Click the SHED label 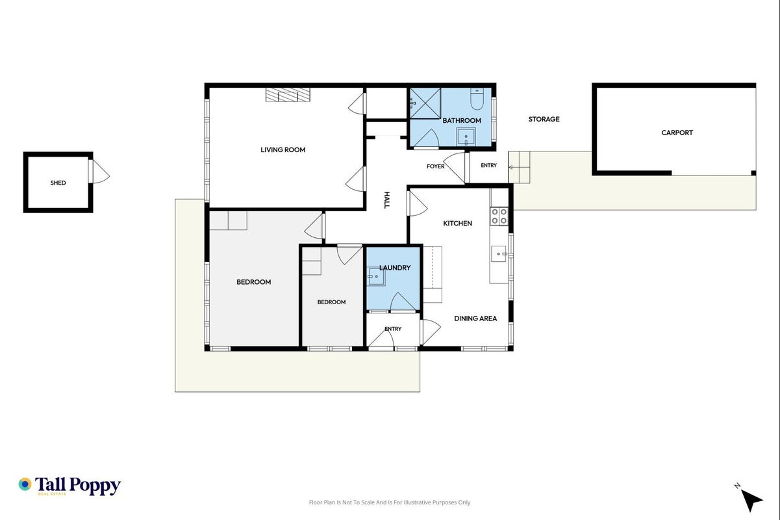[x=58, y=183]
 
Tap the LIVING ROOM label [x=283, y=150]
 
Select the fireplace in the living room [x=288, y=95]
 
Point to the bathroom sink [x=466, y=137]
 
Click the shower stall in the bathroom [x=425, y=103]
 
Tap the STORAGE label [x=544, y=119]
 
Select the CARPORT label [x=677, y=133]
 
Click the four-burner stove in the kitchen [x=499, y=216]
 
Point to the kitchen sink [x=499, y=253]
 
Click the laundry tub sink [x=376, y=276]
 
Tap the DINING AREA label [x=475, y=318]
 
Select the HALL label [x=386, y=200]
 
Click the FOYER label [x=436, y=166]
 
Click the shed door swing [x=101, y=172]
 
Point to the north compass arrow [x=751, y=500]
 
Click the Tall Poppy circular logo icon [x=25, y=484]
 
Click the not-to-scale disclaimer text [x=390, y=502]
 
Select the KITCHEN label [x=458, y=224]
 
